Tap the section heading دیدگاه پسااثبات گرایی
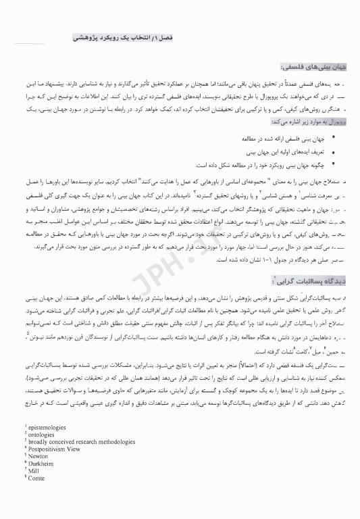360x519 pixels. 307,281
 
